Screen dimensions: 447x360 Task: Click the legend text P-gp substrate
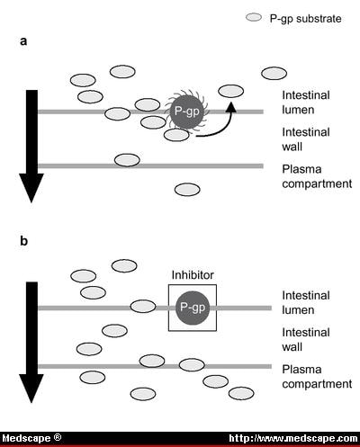click(306, 18)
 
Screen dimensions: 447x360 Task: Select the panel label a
click(22, 41)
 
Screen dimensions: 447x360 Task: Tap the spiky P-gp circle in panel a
click(184, 111)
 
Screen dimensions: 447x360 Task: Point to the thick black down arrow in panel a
click(31, 144)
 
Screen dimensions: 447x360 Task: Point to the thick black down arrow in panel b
click(31, 342)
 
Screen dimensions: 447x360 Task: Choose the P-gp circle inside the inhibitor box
click(191, 306)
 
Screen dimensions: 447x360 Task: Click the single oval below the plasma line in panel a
click(187, 189)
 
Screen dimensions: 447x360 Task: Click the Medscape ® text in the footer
click(31, 438)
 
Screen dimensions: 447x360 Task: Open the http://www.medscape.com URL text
click(292, 438)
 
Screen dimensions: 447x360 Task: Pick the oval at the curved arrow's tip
click(231, 90)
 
